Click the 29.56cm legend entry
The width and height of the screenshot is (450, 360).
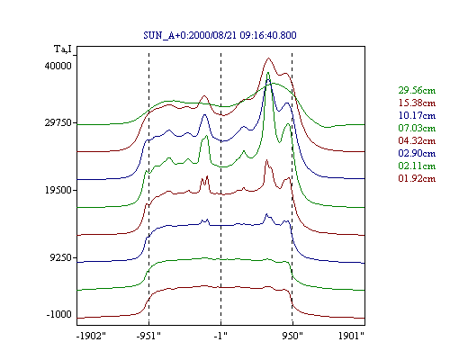tap(417, 90)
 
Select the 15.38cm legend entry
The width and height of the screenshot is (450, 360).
tap(417, 103)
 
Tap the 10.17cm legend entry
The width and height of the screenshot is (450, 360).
tap(417, 115)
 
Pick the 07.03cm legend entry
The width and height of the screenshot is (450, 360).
tap(417, 128)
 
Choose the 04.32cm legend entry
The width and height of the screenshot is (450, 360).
tap(417, 140)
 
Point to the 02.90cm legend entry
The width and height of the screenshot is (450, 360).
tap(417, 153)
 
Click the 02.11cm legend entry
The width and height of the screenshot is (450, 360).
tap(417, 166)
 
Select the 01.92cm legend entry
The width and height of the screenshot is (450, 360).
tap(417, 178)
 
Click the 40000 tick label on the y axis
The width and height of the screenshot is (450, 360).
tap(58, 66)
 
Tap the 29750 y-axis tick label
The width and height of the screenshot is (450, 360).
tap(58, 122)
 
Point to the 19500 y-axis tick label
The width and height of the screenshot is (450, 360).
tap(58, 190)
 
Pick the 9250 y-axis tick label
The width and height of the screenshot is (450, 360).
tap(60, 257)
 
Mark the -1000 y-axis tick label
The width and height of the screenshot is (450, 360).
tap(59, 314)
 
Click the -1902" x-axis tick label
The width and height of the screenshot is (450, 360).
tap(91, 336)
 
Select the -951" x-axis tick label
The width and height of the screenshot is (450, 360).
tap(148, 336)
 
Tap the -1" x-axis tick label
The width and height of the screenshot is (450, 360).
tap(220, 336)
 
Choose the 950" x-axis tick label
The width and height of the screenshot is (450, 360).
tap(292, 336)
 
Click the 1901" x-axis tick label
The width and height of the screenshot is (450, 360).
tap(351, 336)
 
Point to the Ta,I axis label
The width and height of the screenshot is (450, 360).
tap(63, 49)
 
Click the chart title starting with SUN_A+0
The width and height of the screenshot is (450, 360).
tap(220, 35)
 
